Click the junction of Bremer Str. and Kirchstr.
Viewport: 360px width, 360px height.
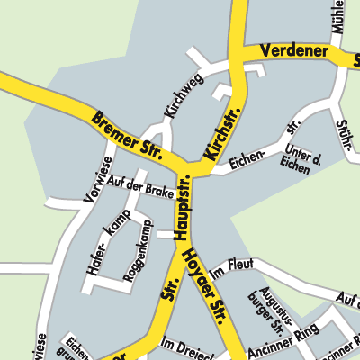click(x=194, y=168)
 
